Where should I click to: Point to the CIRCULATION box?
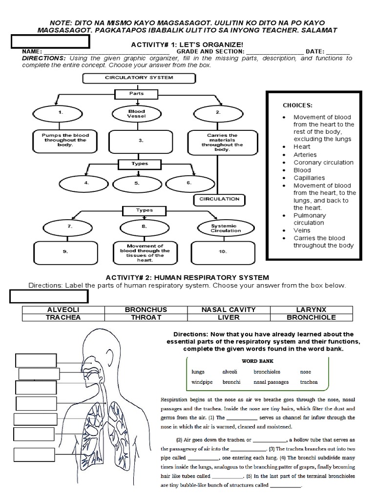[x=220, y=199]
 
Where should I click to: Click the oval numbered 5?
[x=137, y=184]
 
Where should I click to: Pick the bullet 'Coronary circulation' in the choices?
[x=323, y=163]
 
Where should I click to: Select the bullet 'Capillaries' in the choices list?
[x=309, y=178]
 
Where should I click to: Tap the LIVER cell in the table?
[x=228, y=317]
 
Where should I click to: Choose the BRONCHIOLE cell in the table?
[x=311, y=317]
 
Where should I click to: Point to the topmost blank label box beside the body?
[x=36, y=360]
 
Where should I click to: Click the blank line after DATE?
[x=341, y=52]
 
